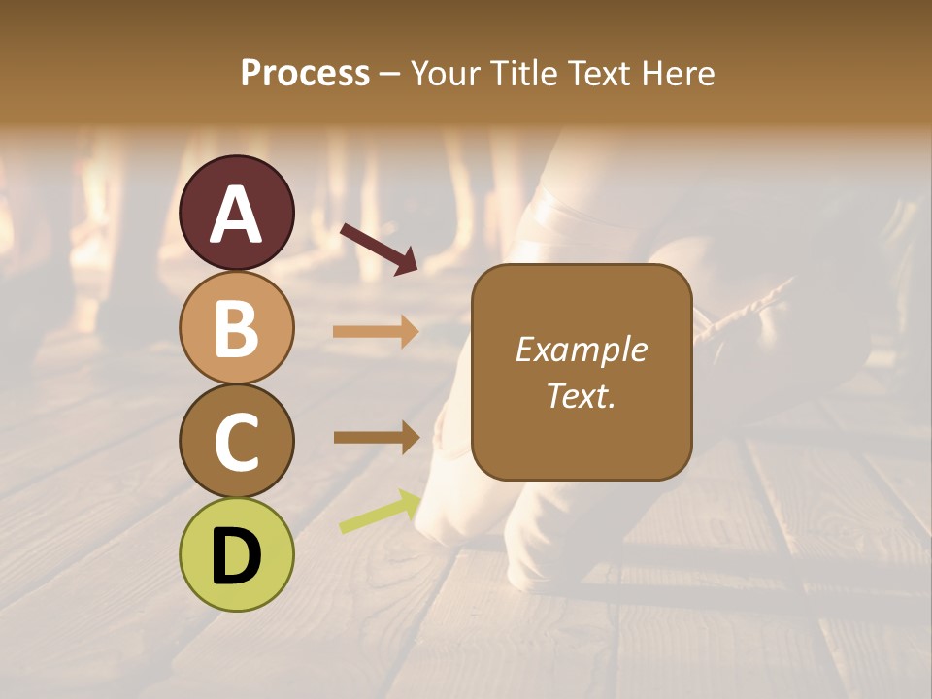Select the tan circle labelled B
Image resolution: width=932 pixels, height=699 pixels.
[237, 327]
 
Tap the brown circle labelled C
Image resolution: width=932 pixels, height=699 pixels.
[237, 441]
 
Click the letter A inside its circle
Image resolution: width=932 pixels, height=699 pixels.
[237, 215]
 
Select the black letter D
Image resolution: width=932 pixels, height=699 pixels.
[237, 556]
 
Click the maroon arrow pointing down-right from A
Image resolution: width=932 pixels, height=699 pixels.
[379, 248]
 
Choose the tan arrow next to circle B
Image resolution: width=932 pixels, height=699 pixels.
[376, 331]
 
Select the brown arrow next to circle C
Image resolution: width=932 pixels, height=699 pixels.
[376, 437]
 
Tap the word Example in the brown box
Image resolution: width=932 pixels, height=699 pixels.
[581, 349]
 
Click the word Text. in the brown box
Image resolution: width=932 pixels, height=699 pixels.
[581, 395]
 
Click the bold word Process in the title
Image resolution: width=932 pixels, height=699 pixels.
[305, 73]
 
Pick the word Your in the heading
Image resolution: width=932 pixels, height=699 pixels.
[447, 73]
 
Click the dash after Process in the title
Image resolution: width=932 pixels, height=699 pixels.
[389, 74]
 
